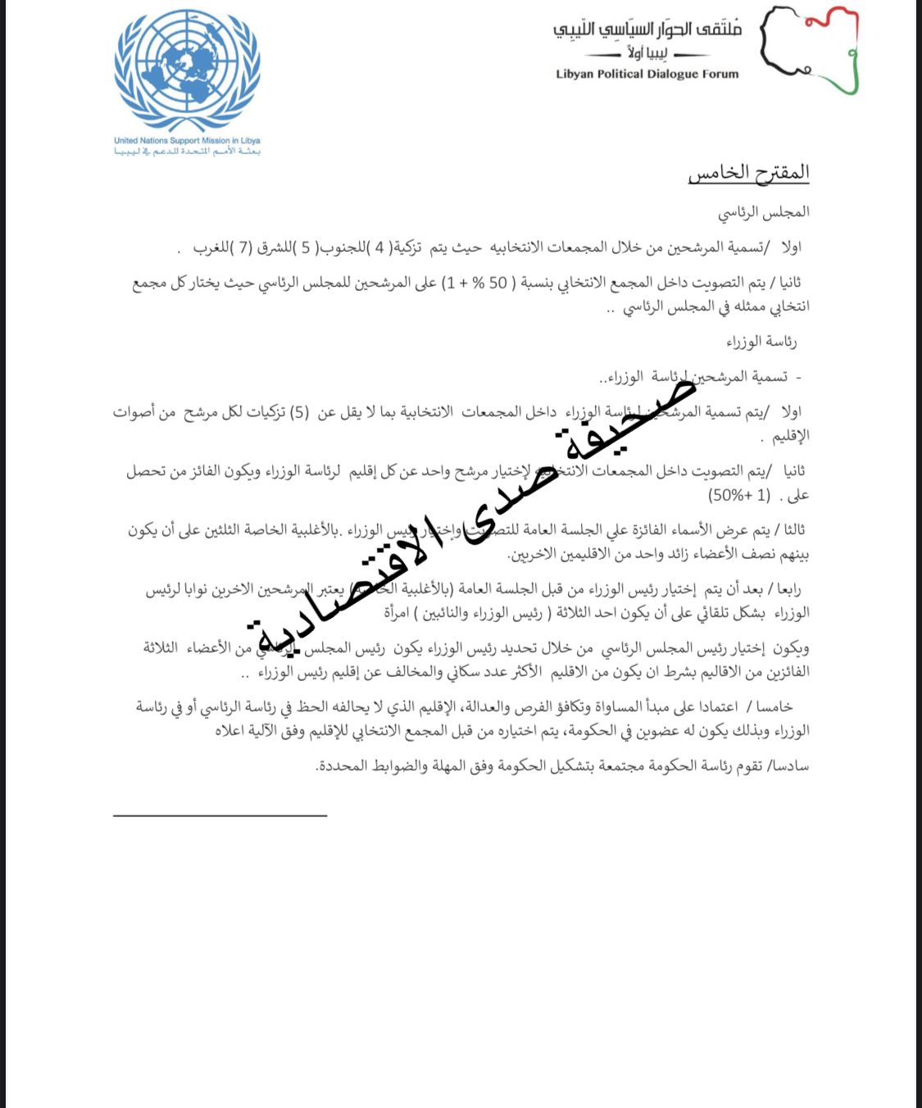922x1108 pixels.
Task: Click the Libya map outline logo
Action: point(809,49)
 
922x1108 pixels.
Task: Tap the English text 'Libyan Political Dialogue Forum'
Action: point(647,74)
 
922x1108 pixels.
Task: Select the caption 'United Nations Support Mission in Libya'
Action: point(187,141)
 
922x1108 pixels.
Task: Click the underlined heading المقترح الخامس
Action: point(748,173)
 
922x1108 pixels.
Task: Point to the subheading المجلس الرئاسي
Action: point(764,212)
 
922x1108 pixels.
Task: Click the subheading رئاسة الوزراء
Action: point(761,341)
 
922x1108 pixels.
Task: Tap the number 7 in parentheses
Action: point(244,247)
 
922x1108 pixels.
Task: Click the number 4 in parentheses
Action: point(379,247)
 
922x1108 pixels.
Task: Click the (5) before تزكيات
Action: point(300,412)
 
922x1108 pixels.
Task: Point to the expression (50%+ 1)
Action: point(739,495)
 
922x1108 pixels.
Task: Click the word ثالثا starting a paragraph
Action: point(794,530)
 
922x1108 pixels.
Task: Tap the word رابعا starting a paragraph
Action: point(789,589)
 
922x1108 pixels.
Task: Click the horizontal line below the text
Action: point(220,815)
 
